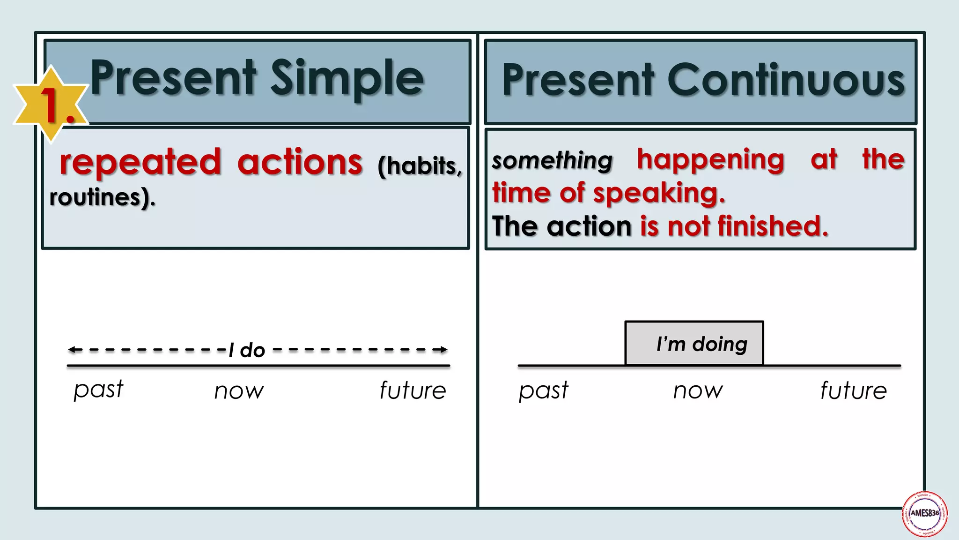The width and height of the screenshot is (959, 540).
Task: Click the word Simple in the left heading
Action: (347, 79)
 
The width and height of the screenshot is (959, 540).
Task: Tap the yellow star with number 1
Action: (51, 103)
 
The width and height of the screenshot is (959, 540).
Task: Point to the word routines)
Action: (102, 197)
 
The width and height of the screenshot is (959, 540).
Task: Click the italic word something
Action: (552, 161)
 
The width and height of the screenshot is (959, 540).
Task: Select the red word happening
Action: (710, 159)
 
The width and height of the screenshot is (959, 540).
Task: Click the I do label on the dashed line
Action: (247, 350)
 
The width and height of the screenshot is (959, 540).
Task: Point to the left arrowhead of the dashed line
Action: (72, 350)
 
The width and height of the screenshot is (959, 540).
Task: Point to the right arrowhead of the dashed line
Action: (443, 350)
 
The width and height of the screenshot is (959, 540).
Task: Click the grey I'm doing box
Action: (694, 344)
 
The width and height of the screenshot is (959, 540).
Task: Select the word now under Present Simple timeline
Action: (239, 391)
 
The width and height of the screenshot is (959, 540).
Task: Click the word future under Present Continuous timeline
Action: (853, 390)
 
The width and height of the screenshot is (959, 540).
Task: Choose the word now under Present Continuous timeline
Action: (698, 390)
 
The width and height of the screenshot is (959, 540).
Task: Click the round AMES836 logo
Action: (925, 514)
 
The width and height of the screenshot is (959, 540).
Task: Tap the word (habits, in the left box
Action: (420, 166)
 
